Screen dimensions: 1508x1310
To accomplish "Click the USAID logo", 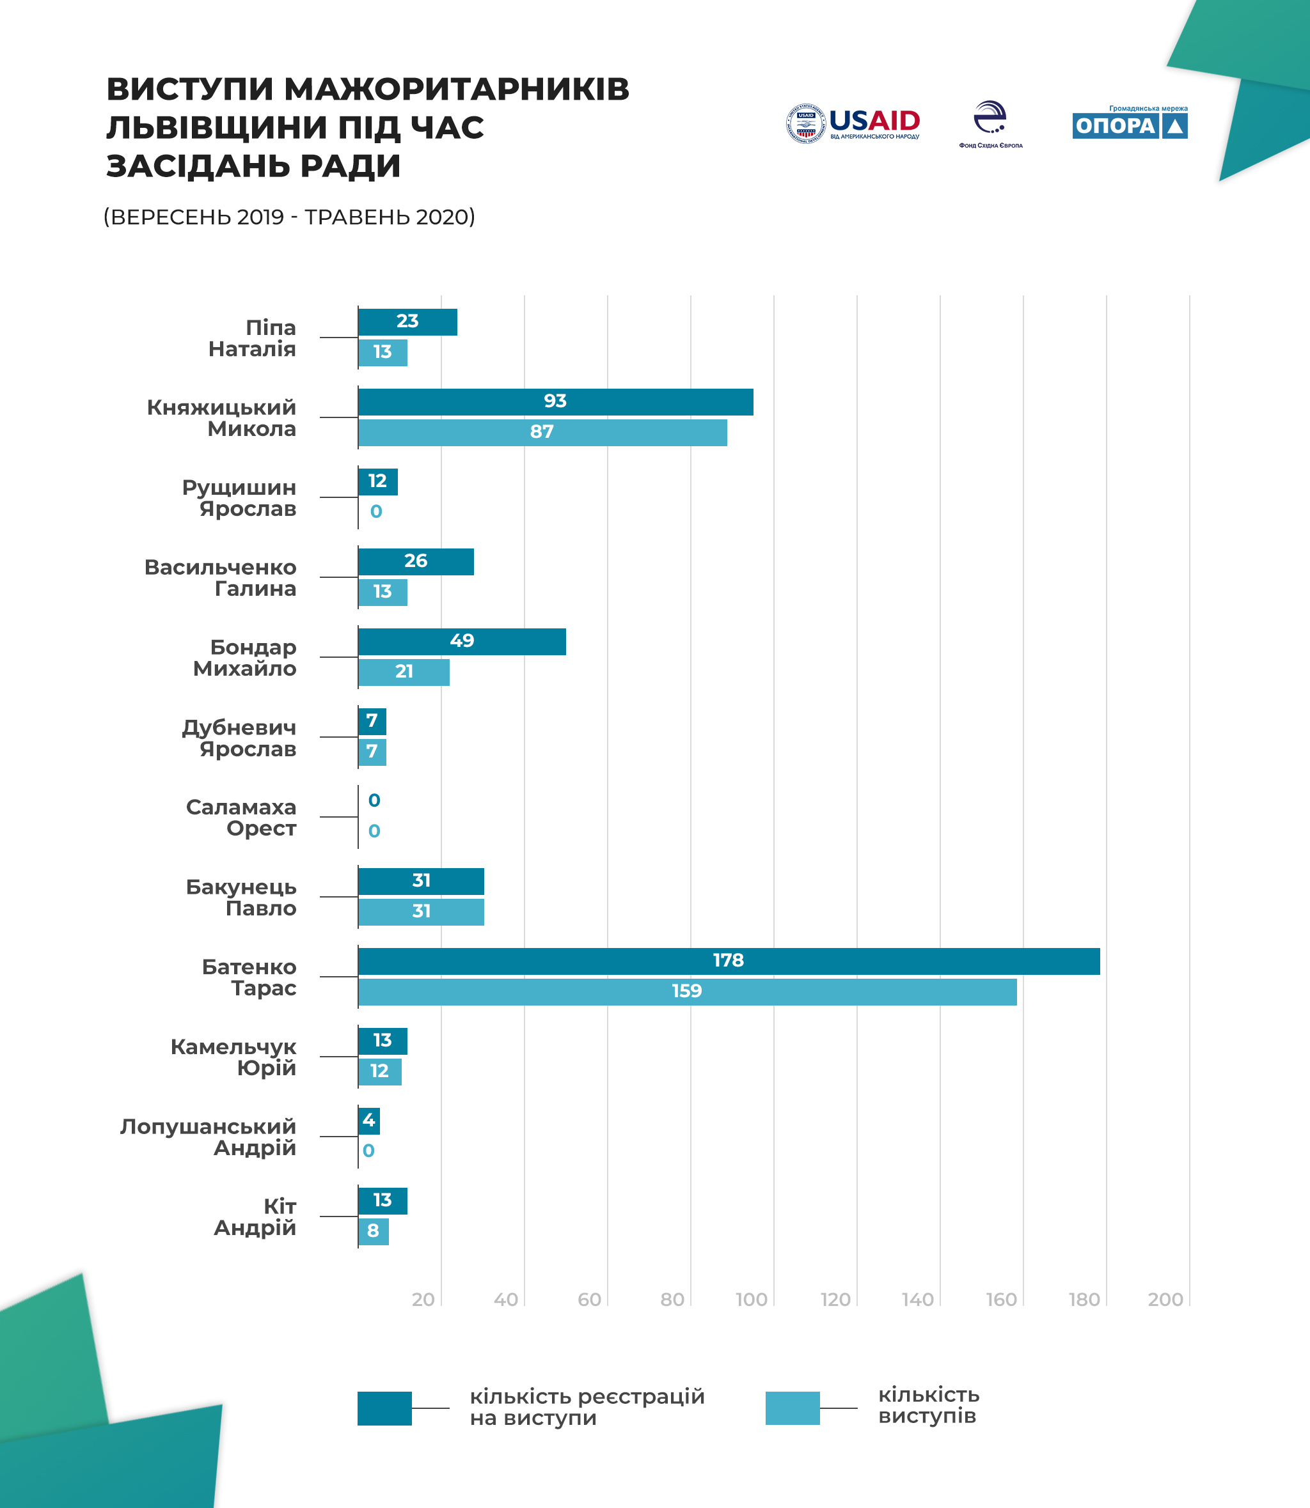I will pyautogui.click(x=853, y=123).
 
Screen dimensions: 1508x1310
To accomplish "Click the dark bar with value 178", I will pyautogui.click(x=728, y=961).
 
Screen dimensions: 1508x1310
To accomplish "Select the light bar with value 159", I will pyautogui.click(x=686, y=991).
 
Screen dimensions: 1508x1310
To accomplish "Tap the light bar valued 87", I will pyautogui.click(x=542, y=433).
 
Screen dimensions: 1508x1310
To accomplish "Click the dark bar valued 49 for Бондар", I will pyautogui.click(x=461, y=641).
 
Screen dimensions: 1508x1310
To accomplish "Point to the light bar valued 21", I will pyautogui.click(x=404, y=672).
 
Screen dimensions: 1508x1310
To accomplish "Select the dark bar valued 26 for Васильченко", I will pyautogui.click(x=415, y=562).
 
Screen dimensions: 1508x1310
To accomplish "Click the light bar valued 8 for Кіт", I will pyautogui.click(x=373, y=1231).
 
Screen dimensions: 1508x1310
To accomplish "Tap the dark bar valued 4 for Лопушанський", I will pyautogui.click(x=368, y=1121).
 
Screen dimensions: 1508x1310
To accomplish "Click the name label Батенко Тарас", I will pyautogui.click(x=249, y=977).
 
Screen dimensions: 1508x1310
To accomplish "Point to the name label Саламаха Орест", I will pyautogui.click(x=241, y=818).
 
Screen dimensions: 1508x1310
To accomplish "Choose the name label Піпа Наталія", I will pyautogui.click(x=252, y=338).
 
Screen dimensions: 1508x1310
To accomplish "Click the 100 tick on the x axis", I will pyautogui.click(x=752, y=1300).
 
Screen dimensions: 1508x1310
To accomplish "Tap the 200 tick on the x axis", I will pyautogui.click(x=1165, y=1300).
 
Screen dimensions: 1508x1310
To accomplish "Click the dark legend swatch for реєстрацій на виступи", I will pyautogui.click(x=384, y=1408).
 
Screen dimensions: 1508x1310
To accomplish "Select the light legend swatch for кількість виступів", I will pyautogui.click(x=793, y=1408).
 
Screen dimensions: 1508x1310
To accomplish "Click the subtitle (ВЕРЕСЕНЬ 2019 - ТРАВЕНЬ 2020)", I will pyautogui.click(x=290, y=217).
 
